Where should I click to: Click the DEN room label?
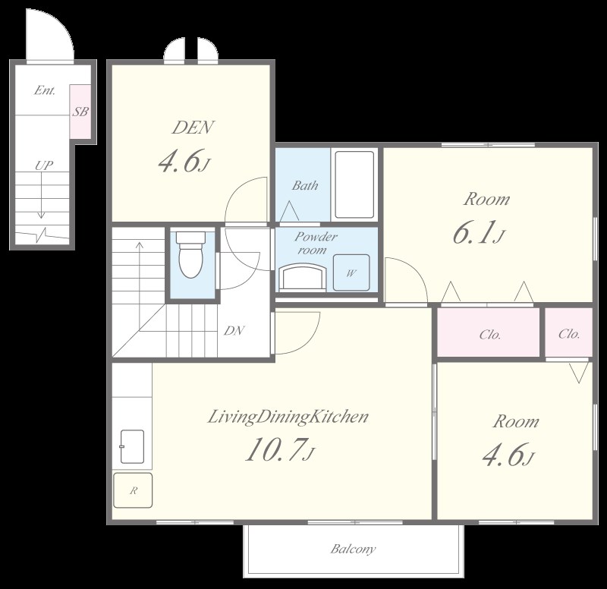[x=193, y=128]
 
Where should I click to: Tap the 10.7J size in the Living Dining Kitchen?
[x=280, y=450]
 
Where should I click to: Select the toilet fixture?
[x=191, y=254]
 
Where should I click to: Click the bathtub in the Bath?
[x=354, y=184]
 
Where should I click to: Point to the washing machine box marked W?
[x=351, y=272]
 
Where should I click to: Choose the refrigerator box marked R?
[x=133, y=490]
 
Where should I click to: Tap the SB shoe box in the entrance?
[x=80, y=112]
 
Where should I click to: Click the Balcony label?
[x=353, y=549]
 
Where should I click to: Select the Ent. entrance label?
[x=45, y=90]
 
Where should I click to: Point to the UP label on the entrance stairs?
[x=44, y=165]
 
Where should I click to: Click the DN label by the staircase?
[x=234, y=330]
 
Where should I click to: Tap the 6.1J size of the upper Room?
[x=480, y=234]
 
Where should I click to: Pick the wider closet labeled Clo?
[x=489, y=332]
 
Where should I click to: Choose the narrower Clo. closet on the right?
[x=569, y=332]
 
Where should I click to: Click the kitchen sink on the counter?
[x=132, y=446]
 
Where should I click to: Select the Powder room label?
[x=316, y=243]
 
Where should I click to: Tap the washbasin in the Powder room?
[x=303, y=276]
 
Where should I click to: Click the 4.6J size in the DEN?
[x=184, y=162]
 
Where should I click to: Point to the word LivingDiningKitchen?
[x=288, y=417]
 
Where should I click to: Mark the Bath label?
[x=305, y=185]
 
